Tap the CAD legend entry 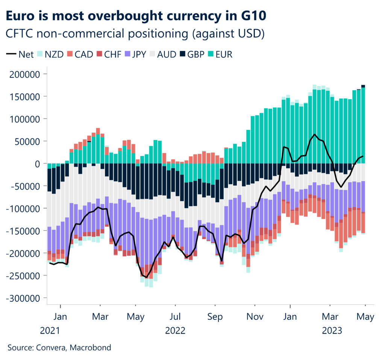pyautogui.click(x=80, y=54)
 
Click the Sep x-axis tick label pyautogui.click(x=215, y=317)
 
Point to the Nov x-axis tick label pyautogui.click(x=255, y=317)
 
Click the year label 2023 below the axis pyautogui.click(x=331, y=331)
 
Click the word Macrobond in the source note pyautogui.click(x=93, y=348)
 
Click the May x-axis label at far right pyautogui.click(x=365, y=317)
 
